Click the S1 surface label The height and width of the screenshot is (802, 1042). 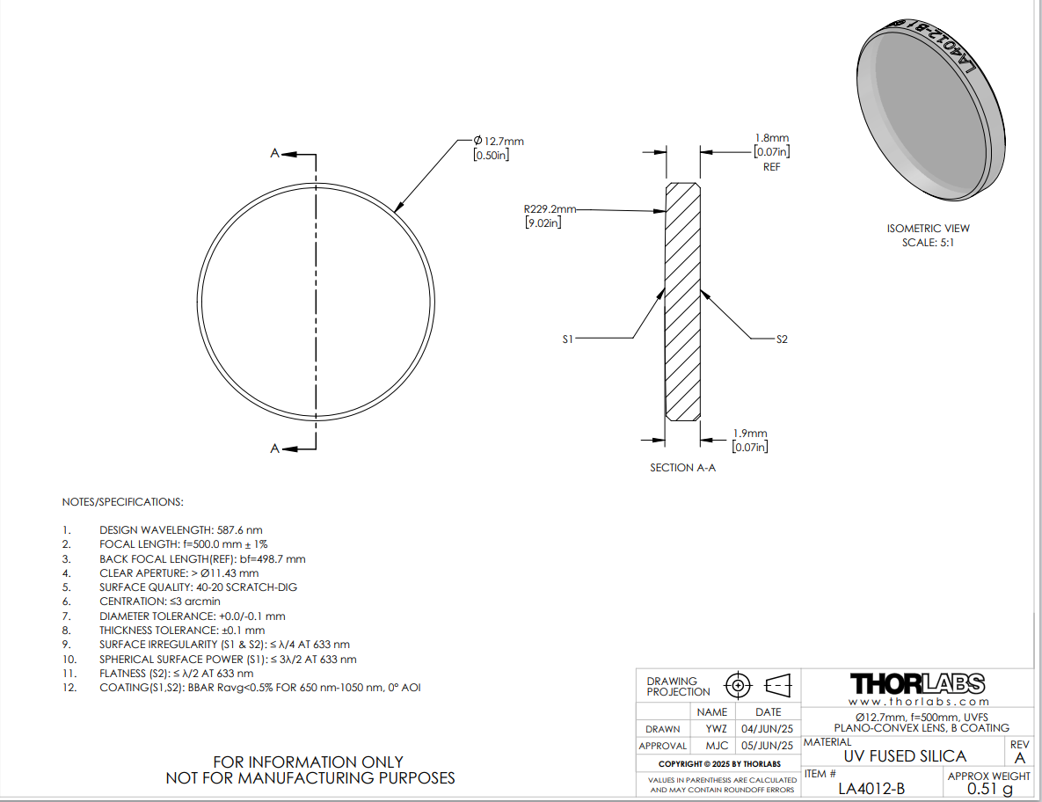(x=567, y=339)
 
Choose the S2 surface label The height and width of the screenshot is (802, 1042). (x=782, y=339)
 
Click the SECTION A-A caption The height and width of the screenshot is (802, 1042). (x=682, y=468)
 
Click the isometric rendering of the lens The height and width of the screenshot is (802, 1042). (x=930, y=109)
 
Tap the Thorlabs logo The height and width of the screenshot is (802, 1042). (x=918, y=684)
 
